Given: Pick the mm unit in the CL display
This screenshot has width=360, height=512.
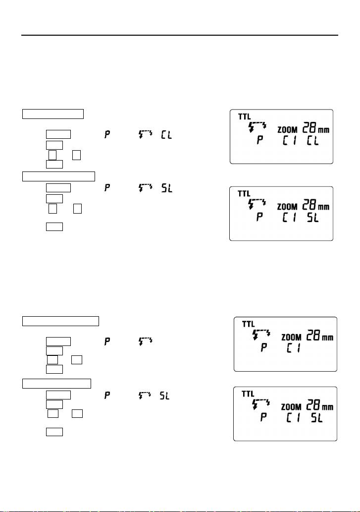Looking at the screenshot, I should [324, 130].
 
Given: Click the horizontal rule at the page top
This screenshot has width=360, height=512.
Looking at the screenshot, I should [180, 35].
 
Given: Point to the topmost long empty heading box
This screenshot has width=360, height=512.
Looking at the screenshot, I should [53, 114].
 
